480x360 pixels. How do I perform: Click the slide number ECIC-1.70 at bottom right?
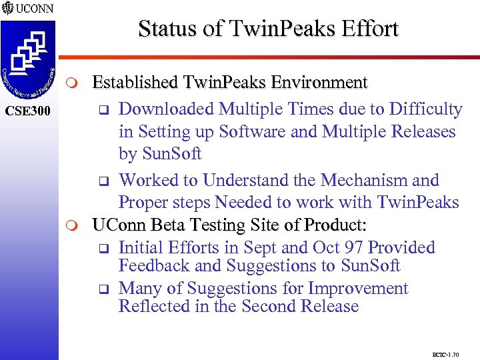pos(446,354)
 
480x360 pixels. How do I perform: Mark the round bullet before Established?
pos(75,83)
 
